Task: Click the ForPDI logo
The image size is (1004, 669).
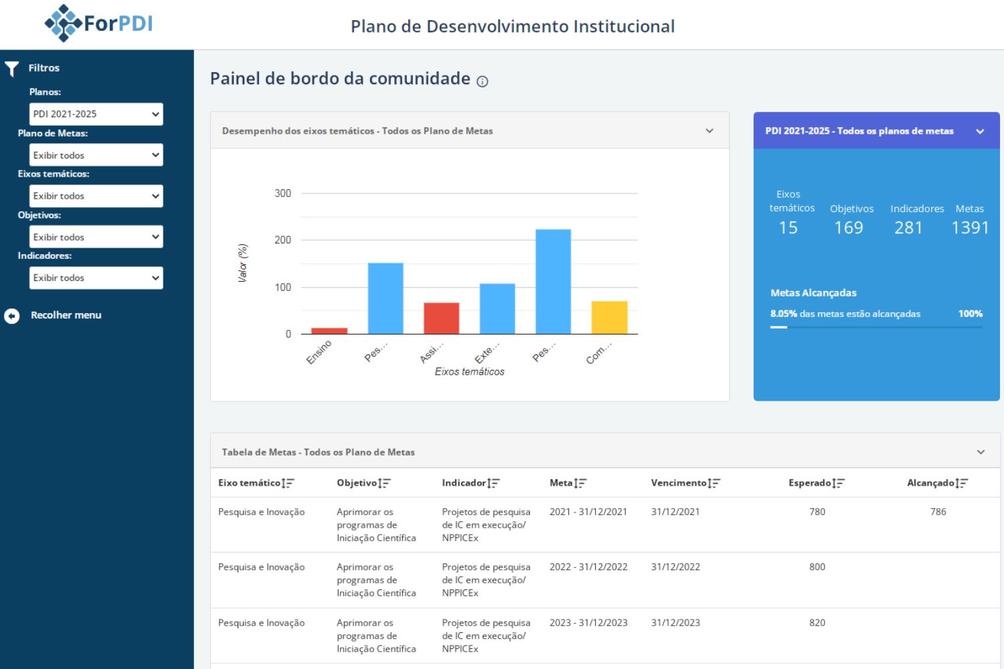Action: (98, 23)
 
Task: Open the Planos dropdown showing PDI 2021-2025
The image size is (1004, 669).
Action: (96, 114)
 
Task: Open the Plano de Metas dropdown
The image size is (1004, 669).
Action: (96, 155)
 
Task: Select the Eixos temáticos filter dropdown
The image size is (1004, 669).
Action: (96, 196)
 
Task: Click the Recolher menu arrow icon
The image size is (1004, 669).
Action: (12, 316)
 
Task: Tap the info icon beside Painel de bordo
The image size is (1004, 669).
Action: (482, 82)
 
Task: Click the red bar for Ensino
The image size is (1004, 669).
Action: (329, 330)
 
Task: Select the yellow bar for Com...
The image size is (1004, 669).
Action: (609, 318)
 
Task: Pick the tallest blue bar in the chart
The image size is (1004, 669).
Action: (553, 281)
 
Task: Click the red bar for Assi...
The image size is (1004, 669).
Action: (441, 318)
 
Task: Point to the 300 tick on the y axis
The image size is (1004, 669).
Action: (282, 193)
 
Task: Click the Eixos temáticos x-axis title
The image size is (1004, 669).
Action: (469, 372)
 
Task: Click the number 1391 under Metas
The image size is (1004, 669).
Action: (970, 228)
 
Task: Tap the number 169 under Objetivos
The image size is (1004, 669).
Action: (848, 228)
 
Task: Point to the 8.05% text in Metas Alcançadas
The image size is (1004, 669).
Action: (783, 314)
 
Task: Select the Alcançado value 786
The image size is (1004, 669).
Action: (938, 512)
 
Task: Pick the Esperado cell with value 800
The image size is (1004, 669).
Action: (817, 567)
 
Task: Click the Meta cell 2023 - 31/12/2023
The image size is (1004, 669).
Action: (588, 623)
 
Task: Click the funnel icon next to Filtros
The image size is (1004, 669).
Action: (11, 69)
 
